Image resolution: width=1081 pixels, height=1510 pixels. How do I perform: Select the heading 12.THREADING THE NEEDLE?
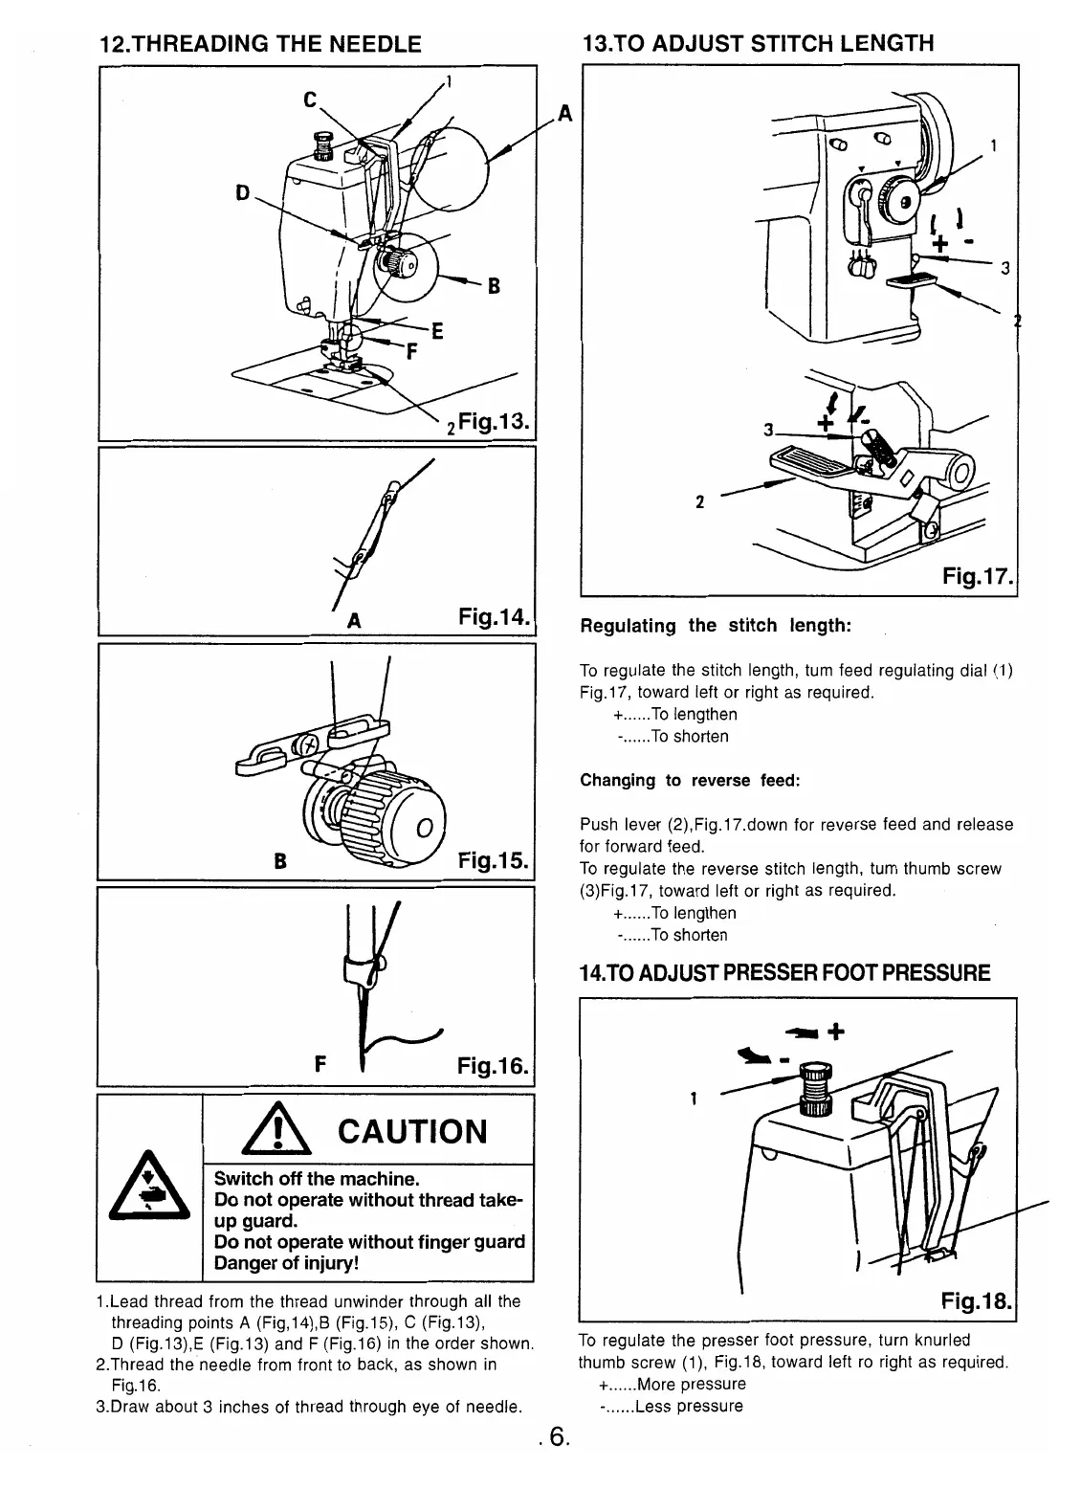(260, 44)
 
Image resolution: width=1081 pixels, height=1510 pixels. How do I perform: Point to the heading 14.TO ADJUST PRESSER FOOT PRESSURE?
(784, 974)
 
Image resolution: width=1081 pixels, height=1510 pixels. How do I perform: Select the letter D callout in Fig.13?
(241, 192)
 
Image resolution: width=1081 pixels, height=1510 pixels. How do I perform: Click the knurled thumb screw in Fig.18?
(814, 1087)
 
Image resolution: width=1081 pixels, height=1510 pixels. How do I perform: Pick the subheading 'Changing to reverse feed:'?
(689, 780)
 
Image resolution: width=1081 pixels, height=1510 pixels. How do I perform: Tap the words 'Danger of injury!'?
(286, 1264)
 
